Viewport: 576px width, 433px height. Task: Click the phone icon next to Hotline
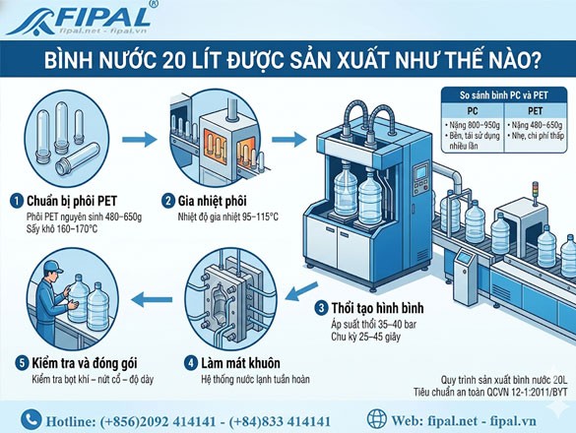coord(32,419)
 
